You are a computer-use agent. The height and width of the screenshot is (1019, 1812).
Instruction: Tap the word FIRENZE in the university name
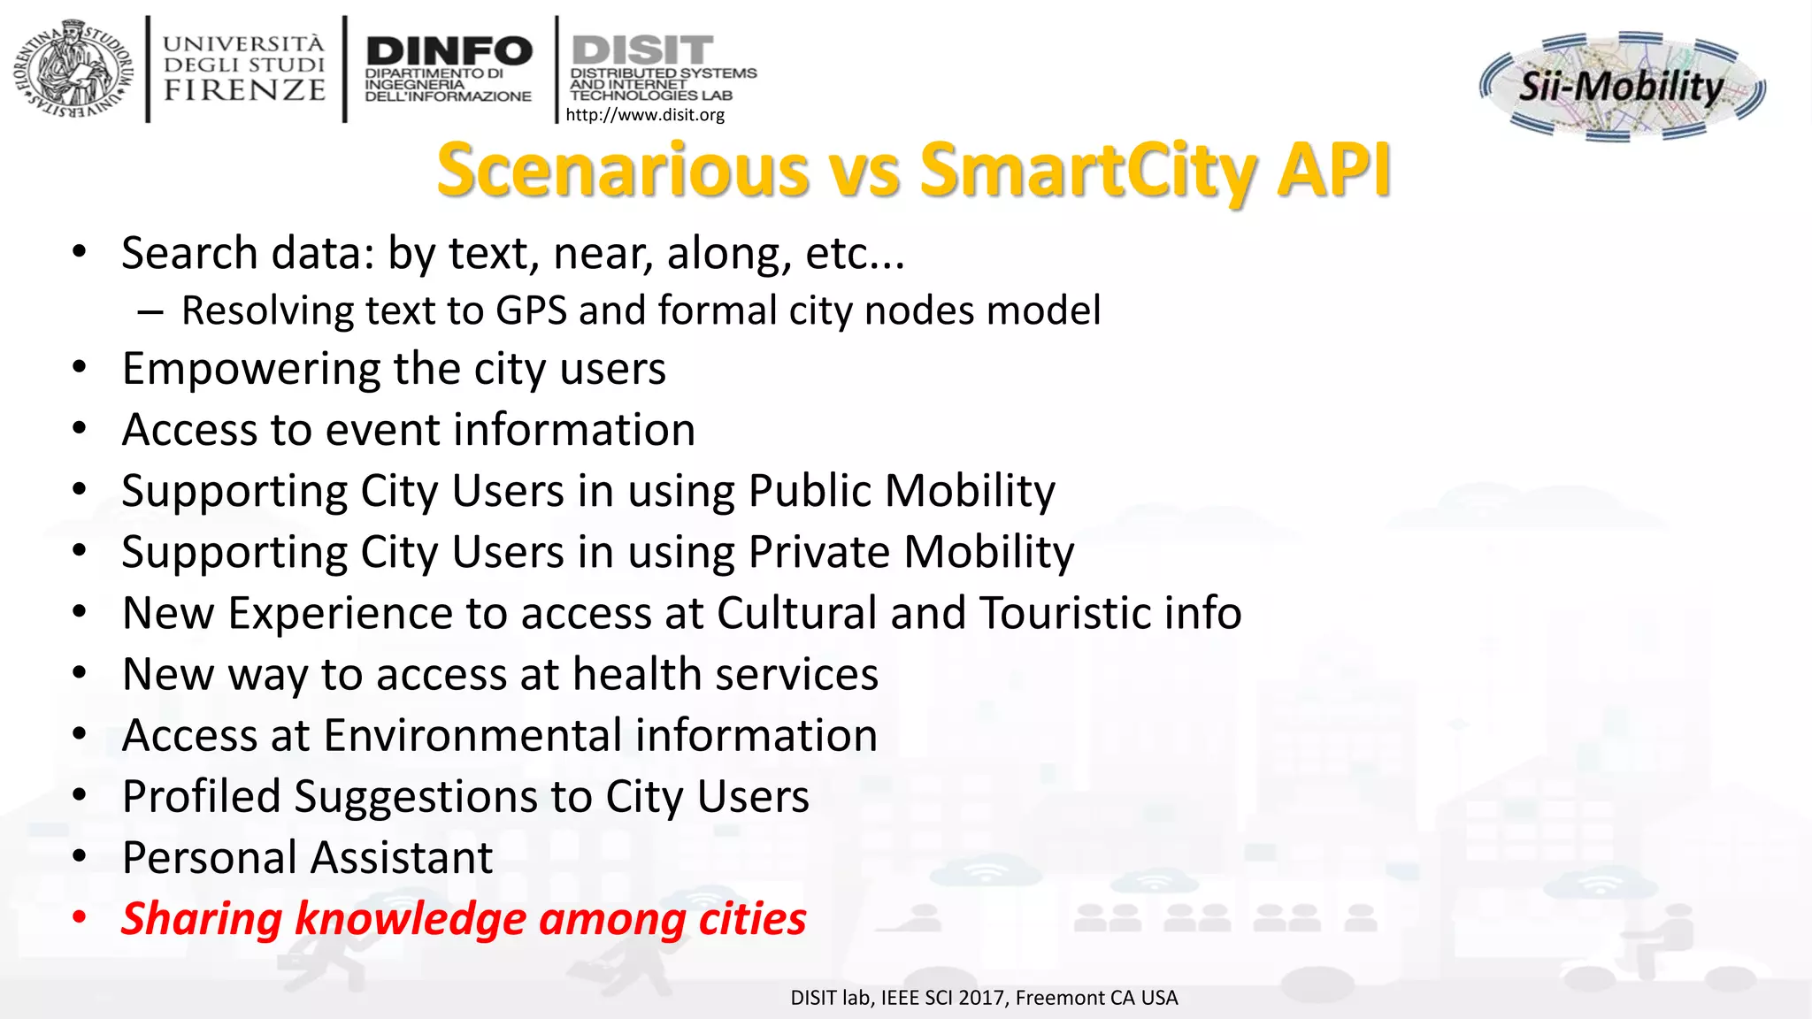click(x=245, y=90)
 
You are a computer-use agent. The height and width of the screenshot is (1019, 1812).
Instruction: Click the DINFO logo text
click(x=449, y=50)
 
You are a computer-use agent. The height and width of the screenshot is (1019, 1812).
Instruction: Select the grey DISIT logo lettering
click(x=642, y=50)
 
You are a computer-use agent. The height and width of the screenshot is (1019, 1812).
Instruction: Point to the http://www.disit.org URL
click(x=645, y=115)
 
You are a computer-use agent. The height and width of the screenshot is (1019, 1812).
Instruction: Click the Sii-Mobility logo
click(x=1622, y=86)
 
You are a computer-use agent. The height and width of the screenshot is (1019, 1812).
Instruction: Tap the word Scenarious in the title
click(x=624, y=170)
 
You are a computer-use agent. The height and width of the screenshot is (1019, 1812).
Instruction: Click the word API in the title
click(x=1333, y=170)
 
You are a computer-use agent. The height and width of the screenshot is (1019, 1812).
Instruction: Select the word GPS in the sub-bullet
click(x=531, y=311)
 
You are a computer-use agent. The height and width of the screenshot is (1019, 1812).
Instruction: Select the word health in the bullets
click(x=638, y=674)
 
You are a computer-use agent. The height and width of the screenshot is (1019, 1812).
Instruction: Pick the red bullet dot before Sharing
click(x=80, y=918)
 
